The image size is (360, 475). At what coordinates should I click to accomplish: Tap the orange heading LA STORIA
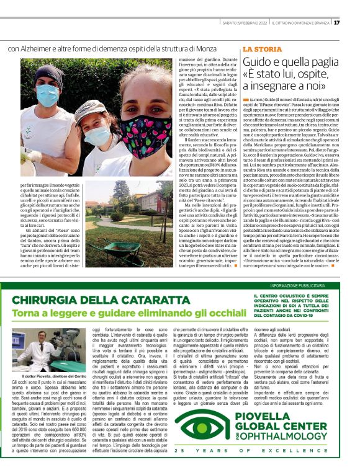point(262,48)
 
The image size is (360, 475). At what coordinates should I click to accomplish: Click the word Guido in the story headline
point(260,62)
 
